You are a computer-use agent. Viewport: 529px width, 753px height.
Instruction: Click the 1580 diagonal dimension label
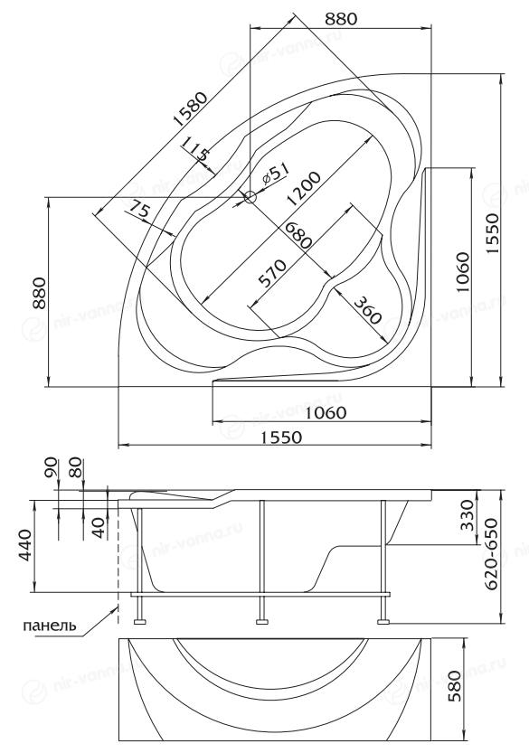pos(191,108)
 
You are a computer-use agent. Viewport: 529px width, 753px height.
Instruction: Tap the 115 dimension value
pos(195,147)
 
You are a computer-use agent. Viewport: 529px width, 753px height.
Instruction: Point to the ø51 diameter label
pos(276,174)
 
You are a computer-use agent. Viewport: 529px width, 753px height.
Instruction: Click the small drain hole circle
pos(250,196)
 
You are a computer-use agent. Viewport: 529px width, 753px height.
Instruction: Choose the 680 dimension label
pos(298,234)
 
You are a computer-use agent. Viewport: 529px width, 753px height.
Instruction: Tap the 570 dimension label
pos(272,273)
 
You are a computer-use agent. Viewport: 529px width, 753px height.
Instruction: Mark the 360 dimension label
pos(367,310)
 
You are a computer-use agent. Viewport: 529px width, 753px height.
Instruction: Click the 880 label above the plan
pos(341,19)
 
